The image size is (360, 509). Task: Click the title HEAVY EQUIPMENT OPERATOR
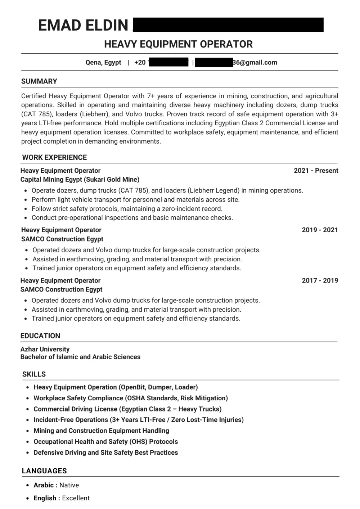tap(178, 44)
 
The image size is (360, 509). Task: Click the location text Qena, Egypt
tap(103, 62)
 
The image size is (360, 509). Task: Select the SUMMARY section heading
tap(39, 81)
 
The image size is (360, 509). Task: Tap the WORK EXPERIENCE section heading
tap(54, 157)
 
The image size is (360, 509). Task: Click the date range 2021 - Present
tap(316, 171)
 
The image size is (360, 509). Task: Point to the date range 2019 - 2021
tap(320, 230)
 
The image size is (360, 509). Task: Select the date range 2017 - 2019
tap(320, 280)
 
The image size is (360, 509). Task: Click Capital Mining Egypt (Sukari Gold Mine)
tap(80, 179)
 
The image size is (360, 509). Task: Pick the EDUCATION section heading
tap(40, 336)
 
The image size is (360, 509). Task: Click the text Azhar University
tap(45, 349)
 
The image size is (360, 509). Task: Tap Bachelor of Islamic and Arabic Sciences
tap(80, 357)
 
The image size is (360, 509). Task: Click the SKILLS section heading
tap(34, 374)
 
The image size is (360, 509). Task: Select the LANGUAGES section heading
tap(44, 471)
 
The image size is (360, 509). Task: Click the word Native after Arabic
tap(69, 485)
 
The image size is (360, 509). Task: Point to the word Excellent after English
tap(76, 498)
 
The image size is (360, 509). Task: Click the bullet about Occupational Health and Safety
tap(105, 442)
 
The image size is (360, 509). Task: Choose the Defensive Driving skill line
tap(105, 452)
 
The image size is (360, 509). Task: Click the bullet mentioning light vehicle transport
tap(135, 199)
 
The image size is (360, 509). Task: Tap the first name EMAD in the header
tap(59, 26)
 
